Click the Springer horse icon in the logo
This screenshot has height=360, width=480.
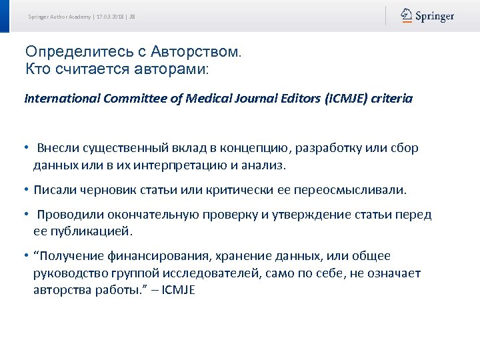(x=407, y=15)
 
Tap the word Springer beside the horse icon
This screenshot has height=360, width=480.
(x=435, y=16)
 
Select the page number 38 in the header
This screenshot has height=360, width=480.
(x=133, y=16)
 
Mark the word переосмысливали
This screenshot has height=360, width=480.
(x=358, y=190)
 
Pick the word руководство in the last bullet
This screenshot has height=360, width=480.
(x=67, y=273)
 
